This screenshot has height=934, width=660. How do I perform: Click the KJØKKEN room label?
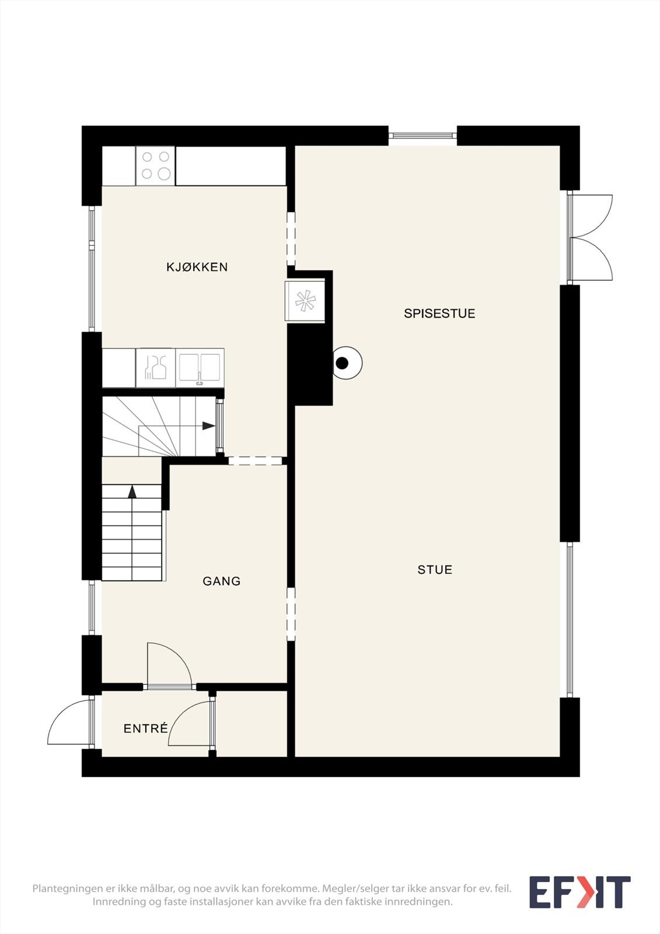tap(197, 267)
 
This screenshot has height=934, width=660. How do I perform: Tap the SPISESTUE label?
tap(439, 313)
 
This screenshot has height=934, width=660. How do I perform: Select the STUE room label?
tap(435, 570)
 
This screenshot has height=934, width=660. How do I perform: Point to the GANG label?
tap(221, 581)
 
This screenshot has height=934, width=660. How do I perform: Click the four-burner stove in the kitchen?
tap(155, 166)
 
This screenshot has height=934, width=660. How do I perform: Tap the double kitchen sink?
tap(200, 368)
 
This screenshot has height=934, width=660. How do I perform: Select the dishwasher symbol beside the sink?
tap(155, 368)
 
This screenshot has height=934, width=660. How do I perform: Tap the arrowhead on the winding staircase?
tap(209, 426)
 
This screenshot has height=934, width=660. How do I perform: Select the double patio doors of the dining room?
tap(591, 237)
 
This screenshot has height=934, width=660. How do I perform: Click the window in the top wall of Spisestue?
tap(422, 135)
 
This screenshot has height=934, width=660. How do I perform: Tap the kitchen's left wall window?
tap(92, 269)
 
